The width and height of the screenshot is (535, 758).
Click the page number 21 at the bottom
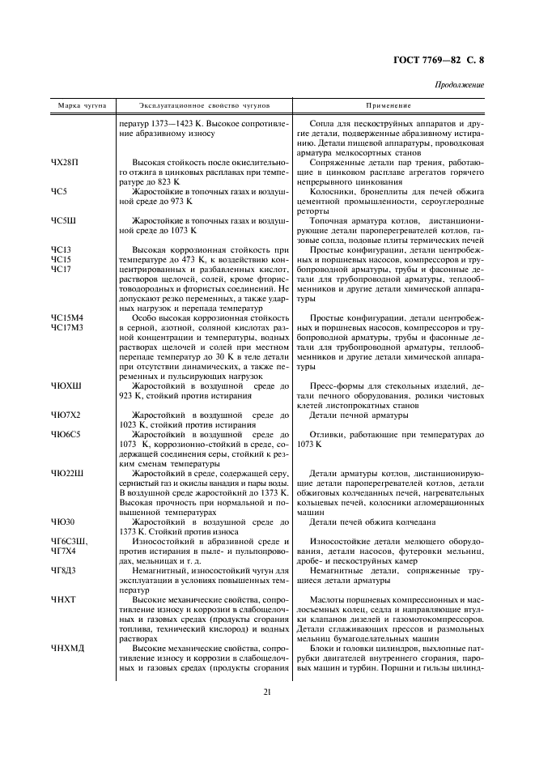266,691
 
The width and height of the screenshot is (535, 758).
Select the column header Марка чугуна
77,106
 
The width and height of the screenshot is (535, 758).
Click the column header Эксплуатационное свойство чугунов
205,106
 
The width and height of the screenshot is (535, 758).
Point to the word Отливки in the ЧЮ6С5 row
327,435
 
